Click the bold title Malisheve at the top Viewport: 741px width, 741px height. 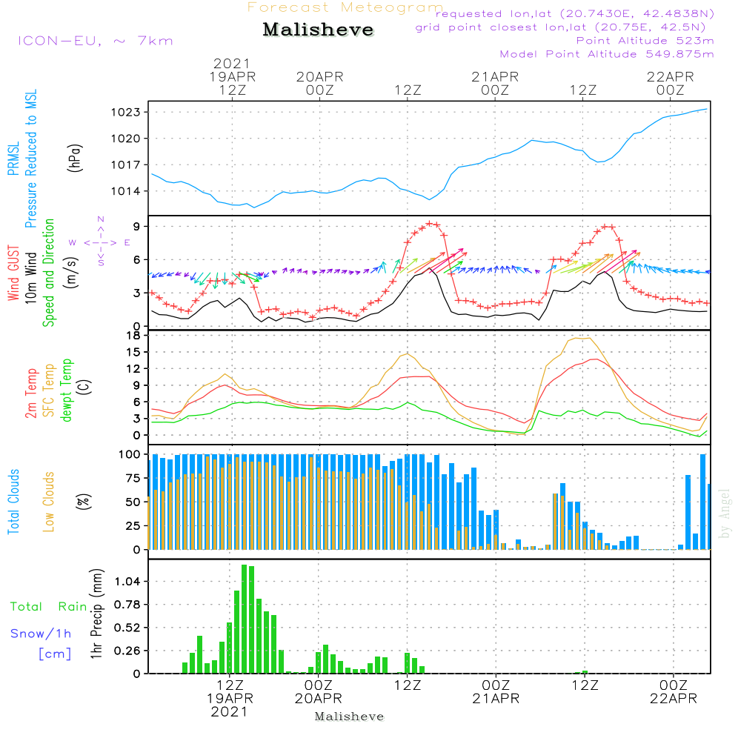[x=318, y=30]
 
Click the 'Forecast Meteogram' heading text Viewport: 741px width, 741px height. [x=345, y=7]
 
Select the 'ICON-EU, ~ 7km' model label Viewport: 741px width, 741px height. [x=95, y=41]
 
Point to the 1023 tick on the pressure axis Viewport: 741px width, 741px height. [x=130, y=113]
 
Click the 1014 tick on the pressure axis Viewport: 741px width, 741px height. [x=130, y=191]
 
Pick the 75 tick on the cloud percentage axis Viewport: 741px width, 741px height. [x=133, y=479]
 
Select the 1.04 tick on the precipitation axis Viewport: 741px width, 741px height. [x=130, y=582]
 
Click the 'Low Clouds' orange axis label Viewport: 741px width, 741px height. [x=49, y=501]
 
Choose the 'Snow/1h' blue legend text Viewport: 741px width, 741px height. [x=41, y=634]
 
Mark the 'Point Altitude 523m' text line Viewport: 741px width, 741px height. [x=645, y=40]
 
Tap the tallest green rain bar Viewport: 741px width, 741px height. [x=245, y=619]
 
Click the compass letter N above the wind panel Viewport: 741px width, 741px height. [x=101, y=219]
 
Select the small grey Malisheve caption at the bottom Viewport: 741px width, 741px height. [x=349, y=717]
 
